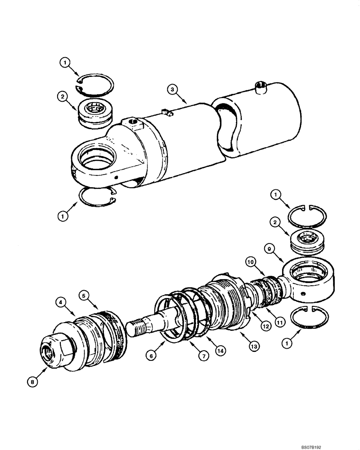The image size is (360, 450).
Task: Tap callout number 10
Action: point(251,261)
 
